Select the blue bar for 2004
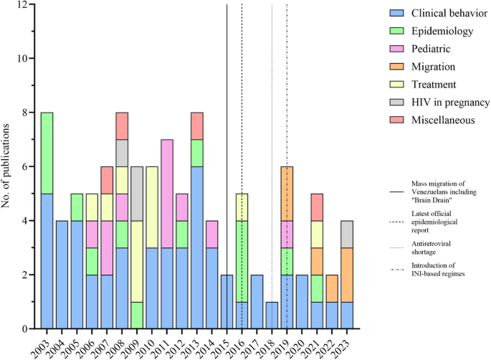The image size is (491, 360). pyautogui.click(x=62, y=275)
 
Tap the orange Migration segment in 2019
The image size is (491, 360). pyautogui.click(x=287, y=194)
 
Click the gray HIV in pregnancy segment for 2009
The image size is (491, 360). pyautogui.click(x=136, y=194)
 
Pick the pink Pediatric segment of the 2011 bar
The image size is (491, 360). pyautogui.click(x=166, y=194)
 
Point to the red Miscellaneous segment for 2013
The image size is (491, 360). pyautogui.click(x=196, y=125)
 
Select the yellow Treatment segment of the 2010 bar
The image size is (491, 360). pyautogui.click(x=151, y=207)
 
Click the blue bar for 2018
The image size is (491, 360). pyautogui.click(x=272, y=315)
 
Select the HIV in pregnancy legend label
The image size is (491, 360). pyautogui.click(x=450, y=103)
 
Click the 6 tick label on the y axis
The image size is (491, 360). pyautogui.click(x=28, y=166)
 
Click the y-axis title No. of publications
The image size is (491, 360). pyautogui.click(x=9, y=166)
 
